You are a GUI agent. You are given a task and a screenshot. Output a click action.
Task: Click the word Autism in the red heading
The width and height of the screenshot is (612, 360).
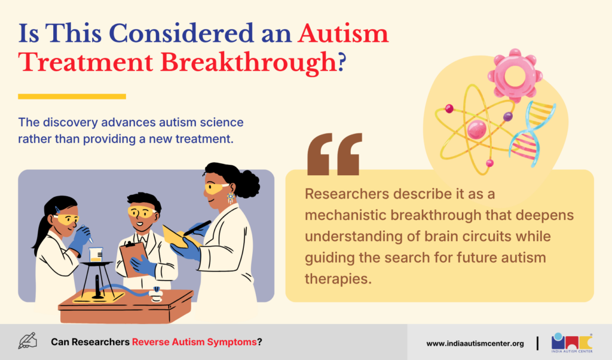[x=343, y=33]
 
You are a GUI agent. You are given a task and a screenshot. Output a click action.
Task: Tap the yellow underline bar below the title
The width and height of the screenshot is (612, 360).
[x=72, y=96]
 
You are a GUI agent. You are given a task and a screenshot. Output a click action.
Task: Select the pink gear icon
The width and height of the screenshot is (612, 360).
[x=515, y=75]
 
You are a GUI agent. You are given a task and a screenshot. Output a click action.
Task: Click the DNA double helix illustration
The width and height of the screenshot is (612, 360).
[x=532, y=133]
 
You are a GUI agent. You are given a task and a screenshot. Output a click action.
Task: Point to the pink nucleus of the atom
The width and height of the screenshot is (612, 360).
[x=476, y=130]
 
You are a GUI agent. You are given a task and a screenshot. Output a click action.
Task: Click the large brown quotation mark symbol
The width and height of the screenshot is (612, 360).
[x=335, y=154]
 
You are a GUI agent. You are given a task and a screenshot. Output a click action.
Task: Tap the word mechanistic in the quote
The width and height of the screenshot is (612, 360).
[x=345, y=215]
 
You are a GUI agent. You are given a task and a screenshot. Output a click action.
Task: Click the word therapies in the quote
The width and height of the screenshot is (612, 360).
[x=338, y=279]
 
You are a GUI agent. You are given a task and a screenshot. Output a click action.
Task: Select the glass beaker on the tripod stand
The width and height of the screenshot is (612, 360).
[x=96, y=255]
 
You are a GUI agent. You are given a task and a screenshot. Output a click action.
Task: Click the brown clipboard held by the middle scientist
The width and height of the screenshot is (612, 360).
[x=134, y=259]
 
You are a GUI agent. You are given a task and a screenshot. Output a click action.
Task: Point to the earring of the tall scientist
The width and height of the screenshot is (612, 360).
[x=231, y=197]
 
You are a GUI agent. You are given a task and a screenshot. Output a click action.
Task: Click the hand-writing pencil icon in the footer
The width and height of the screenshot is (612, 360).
[x=27, y=341]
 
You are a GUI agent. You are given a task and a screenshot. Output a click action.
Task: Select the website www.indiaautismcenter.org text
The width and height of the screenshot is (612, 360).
[x=475, y=344]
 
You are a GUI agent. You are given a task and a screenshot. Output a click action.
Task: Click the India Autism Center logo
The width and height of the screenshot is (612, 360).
[x=572, y=343]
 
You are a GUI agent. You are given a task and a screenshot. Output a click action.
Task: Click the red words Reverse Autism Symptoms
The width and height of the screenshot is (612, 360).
[x=194, y=342]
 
